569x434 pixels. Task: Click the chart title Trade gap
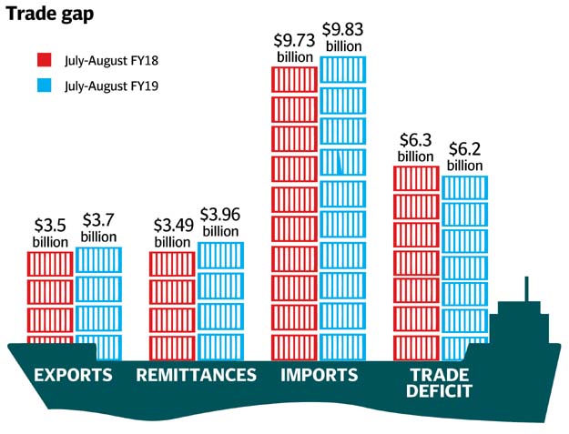tap(46, 15)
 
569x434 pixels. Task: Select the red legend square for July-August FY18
tap(42, 61)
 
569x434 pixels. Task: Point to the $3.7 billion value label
tap(98, 227)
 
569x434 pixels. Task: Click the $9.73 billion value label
tap(295, 48)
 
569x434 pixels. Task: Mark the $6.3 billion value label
tap(417, 148)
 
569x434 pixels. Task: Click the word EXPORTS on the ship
tap(73, 376)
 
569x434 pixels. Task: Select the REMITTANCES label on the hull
tap(196, 376)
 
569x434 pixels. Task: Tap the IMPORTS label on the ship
tap(319, 376)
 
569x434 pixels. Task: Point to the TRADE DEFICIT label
tap(441, 383)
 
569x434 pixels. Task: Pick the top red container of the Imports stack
tap(295, 76)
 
